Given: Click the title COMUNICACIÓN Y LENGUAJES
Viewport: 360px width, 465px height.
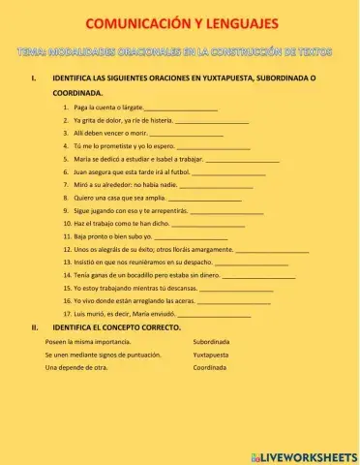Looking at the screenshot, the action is [x=180, y=23].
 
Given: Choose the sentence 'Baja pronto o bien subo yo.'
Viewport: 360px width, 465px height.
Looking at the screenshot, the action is [x=114, y=235].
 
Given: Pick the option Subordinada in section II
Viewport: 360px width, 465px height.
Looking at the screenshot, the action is [x=211, y=342].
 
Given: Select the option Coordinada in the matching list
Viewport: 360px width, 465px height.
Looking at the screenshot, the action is [x=209, y=368].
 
